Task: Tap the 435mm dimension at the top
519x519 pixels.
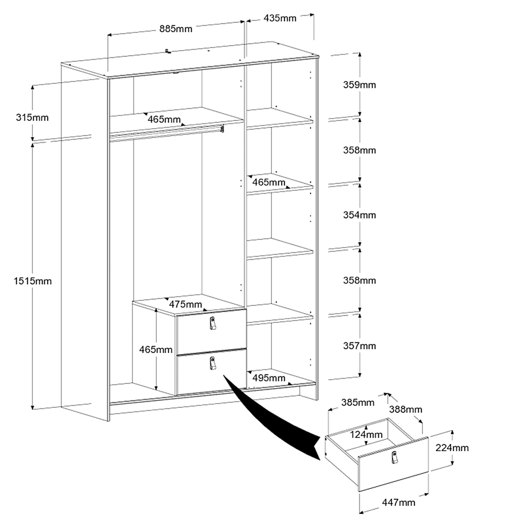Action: (x=280, y=18)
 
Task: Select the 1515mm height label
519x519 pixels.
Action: (x=33, y=281)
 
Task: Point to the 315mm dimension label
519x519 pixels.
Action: (x=32, y=117)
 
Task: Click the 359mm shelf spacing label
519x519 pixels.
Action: (x=359, y=85)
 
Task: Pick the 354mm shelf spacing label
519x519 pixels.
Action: (x=359, y=215)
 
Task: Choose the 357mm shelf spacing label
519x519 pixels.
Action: (x=359, y=346)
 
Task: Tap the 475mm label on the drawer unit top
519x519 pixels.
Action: (x=185, y=304)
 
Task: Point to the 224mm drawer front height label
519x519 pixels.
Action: (x=452, y=448)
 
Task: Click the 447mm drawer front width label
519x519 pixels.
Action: (x=398, y=502)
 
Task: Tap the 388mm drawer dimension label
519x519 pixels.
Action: (x=406, y=409)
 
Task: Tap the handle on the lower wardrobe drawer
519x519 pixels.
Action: (x=213, y=363)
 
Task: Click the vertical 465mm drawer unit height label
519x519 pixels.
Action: (x=156, y=349)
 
